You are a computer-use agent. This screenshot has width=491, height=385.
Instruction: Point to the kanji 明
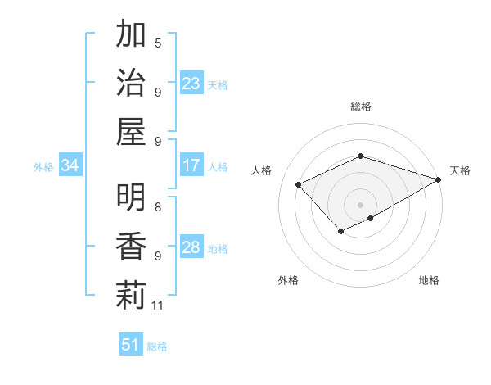[130, 199]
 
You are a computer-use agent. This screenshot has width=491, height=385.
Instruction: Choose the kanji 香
[130, 247]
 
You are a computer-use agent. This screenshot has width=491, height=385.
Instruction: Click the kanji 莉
[130, 295]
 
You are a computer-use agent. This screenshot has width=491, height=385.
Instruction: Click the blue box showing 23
[191, 84]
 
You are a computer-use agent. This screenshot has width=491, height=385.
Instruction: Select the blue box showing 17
[191, 165]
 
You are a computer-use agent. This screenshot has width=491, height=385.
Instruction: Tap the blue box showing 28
[191, 247]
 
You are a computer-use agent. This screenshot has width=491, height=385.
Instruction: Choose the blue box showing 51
[130, 345]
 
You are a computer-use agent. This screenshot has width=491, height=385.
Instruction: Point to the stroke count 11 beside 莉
[158, 306]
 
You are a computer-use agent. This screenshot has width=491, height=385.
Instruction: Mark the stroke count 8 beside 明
[158, 207]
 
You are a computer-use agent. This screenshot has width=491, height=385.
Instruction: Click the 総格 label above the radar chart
[360, 106]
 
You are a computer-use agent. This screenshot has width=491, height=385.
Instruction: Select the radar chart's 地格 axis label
[429, 280]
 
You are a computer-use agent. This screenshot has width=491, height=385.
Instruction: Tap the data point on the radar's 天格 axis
[439, 179]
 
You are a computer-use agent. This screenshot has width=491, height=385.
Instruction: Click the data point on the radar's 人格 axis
[299, 184]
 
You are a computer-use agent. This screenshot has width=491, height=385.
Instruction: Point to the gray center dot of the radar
[360, 204]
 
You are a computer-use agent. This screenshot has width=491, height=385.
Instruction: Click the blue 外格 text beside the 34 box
[43, 167]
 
